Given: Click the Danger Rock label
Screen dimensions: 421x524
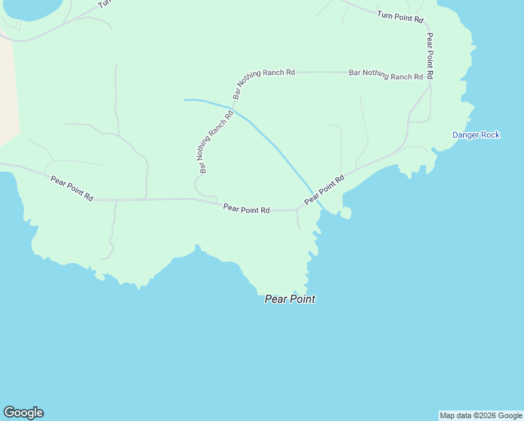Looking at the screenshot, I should coord(476,135).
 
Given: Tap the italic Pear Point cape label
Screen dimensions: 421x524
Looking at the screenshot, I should coord(289,299).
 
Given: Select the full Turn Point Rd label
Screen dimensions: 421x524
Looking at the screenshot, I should coord(400,15).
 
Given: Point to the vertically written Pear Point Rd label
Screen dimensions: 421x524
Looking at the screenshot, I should coord(429,55).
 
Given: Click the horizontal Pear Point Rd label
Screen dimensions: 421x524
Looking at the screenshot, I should coord(247,208).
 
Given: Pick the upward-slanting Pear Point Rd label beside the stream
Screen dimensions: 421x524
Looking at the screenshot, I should coord(324,190).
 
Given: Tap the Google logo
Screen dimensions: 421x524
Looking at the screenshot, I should coord(23,413).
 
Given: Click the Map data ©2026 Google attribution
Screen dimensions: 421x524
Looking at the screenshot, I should coord(481,415).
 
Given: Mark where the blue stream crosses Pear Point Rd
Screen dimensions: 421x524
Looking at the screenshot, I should coord(313,197).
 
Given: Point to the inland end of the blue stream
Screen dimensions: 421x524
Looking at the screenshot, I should coord(186,100).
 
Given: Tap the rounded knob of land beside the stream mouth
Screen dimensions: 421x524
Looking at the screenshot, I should coord(347,213).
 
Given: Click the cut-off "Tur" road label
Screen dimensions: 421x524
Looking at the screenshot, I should coord(104,4).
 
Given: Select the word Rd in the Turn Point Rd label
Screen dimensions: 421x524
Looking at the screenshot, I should coord(419,20).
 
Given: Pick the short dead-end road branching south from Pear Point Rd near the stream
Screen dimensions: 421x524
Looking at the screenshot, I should coord(298,220).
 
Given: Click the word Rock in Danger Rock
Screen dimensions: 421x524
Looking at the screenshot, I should coord(489,135).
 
